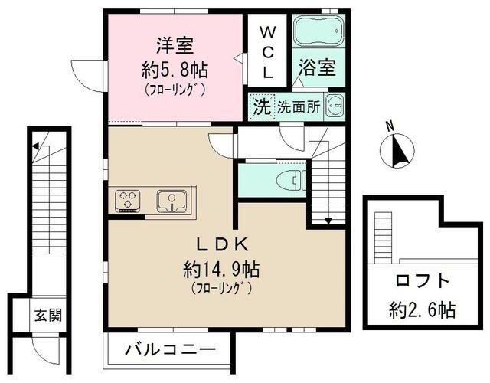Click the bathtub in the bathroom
pyautogui.click(x=318, y=31)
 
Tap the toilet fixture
pyautogui.click(x=291, y=181)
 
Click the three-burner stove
pyautogui.click(x=128, y=201)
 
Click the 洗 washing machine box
pyautogui.click(x=261, y=106)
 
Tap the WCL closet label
pyautogui.click(x=267, y=52)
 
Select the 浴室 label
pyautogui.click(x=317, y=67)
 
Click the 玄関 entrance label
pyautogui.click(x=48, y=315)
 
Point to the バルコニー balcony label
pyautogui.click(x=171, y=349)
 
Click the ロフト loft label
pyautogui.click(x=422, y=280)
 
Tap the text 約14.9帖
pyautogui.click(x=221, y=270)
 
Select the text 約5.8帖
pyautogui.click(x=175, y=70)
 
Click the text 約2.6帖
pyautogui.click(x=422, y=309)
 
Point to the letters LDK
pyautogui.click(x=222, y=245)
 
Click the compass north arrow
pyautogui.click(x=398, y=150)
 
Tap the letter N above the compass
pyautogui.click(x=390, y=126)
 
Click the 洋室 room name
pyautogui.click(x=175, y=45)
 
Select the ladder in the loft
pyautogui.click(x=383, y=238)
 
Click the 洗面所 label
pyautogui.click(x=299, y=107)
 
